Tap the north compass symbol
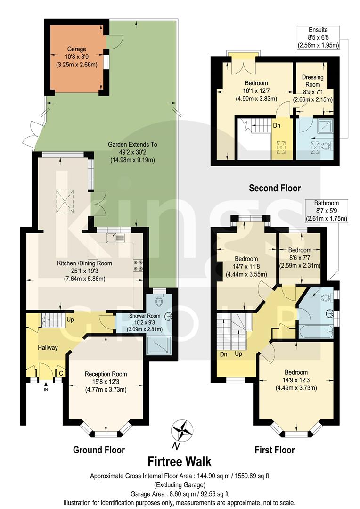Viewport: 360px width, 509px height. pyautogui.click(x=182, y=430)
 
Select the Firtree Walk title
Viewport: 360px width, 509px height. pyautogui.click(x=180, y=460)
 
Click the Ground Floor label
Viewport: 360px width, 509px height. pyautogui.click(x=99, y=450)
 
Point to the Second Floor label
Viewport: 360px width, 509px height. pyautogui.click(x=275, y=188)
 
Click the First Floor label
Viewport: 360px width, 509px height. pyautogui.click(x=275, y=450)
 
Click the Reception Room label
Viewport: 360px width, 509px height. pyautogui.click(x=106, y=374)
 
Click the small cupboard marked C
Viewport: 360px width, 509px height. pyautogui.click(x=61, y=372)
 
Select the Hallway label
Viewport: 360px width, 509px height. pyautogui.click(x=48, y=348)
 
